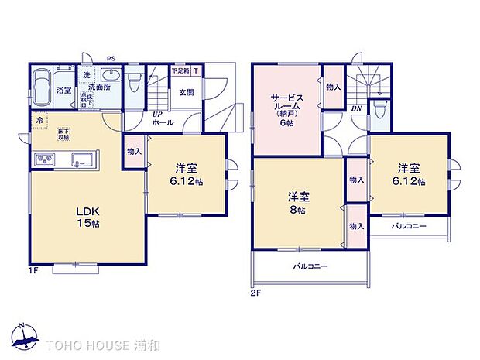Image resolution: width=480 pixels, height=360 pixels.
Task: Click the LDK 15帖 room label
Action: [87, 216]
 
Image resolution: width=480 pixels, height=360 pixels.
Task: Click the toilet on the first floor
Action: [135, 81]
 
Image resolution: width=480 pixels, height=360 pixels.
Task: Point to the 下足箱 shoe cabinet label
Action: [180, 70]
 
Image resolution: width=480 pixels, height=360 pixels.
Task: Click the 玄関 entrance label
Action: [186, 93]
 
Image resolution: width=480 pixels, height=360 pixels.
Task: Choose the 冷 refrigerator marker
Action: [39, 121]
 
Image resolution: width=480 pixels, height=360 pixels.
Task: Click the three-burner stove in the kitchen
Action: [43, 160]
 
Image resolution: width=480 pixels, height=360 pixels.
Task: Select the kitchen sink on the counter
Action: [81, 160]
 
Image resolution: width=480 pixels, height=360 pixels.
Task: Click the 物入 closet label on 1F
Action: [134, 151]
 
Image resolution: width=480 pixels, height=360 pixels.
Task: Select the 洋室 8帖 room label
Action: [298, 202]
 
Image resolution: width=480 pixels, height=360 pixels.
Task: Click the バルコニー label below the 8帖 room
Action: [309, 266]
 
